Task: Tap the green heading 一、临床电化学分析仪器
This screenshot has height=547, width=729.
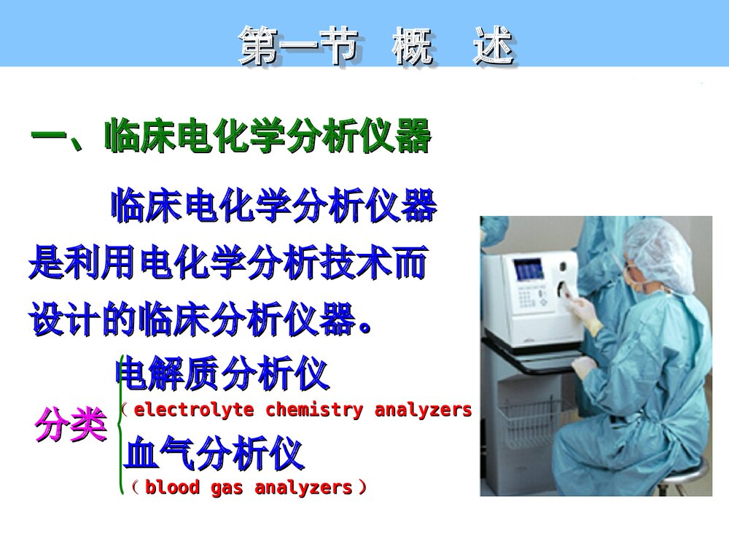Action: pos(230,136)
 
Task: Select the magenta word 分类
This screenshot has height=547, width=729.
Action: pos(71,424)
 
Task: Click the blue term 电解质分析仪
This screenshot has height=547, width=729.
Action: pos(223,374)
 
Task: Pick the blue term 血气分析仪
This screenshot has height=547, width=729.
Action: pos(214,455)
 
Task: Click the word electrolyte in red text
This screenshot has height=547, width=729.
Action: pos(194,410)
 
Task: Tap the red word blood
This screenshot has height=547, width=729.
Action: pos(172,487)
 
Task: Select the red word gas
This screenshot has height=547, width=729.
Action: pos(227,487)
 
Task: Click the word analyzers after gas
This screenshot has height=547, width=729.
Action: pos(303,487)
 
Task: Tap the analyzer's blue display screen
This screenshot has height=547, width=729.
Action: pos(529,271)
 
